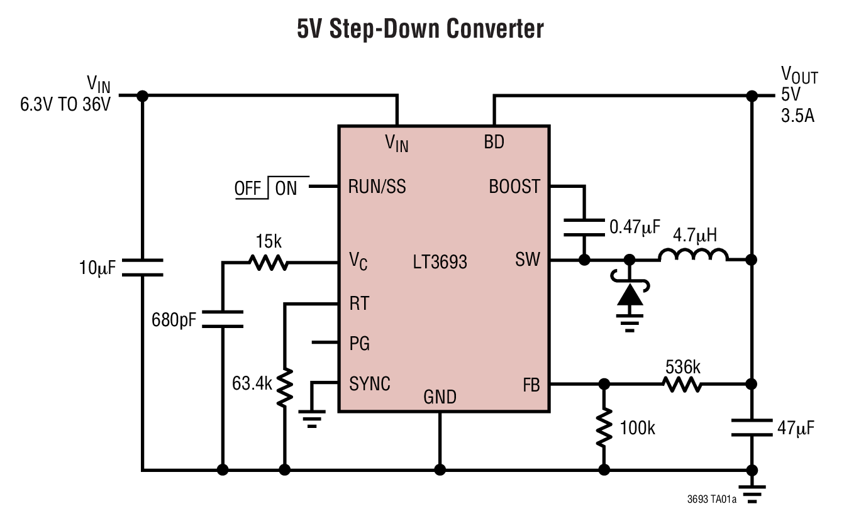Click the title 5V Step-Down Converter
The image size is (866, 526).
420,30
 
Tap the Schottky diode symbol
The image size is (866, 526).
630,293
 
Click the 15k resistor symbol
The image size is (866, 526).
269,262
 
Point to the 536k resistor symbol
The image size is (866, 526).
682,384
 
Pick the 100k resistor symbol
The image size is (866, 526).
604,427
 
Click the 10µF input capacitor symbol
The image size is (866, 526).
143,267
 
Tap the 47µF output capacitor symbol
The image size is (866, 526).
752,428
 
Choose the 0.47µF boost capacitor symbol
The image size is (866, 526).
584,227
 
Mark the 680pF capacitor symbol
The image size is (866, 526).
223,319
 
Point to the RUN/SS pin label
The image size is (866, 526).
377,187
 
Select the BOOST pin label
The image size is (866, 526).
514,187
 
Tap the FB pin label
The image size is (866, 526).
531,385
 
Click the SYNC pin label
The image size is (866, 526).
370,383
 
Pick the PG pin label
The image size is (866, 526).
359,343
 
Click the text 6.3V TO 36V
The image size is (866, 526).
65,104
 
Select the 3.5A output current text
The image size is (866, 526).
797,116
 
